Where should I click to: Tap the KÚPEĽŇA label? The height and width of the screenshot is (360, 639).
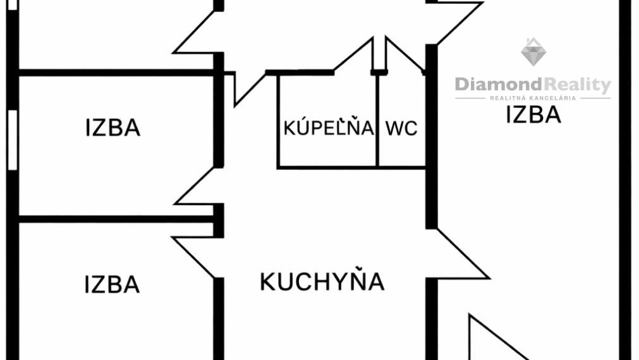[329, 127]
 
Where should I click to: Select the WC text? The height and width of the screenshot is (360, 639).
[401, 128]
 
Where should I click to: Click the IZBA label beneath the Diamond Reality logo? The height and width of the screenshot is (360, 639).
[533, 114]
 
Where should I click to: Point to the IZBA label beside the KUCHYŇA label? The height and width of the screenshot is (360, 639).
[112, 284]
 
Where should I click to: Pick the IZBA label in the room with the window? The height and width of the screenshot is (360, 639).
[113, 128]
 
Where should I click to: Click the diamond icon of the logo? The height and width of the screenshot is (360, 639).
[533, 52]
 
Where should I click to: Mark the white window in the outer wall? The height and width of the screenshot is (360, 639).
[13, 140]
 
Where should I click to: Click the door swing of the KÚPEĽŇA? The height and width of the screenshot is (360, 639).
[353, 55]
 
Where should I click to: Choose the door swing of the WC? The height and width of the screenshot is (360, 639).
[405, 55]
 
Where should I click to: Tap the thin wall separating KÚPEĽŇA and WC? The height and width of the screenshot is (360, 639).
[377, 121]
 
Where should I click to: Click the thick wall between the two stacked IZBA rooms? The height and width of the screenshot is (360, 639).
[117, 219]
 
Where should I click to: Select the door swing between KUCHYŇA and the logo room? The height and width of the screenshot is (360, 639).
[463, 254]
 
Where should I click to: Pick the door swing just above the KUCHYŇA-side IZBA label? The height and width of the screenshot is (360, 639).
[194, 257]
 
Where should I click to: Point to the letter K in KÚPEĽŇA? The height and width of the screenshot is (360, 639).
[289, 128]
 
